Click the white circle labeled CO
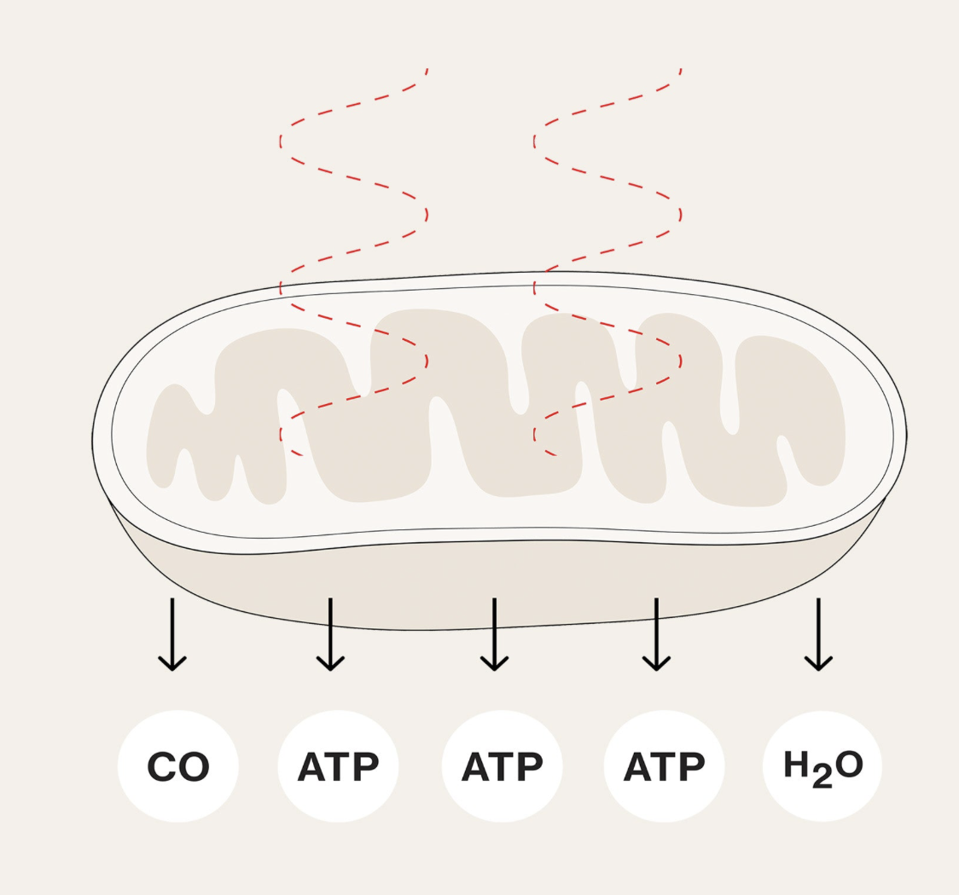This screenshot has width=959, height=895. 177,765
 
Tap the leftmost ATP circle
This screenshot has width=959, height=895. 338,765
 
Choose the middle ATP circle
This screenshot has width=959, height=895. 502,765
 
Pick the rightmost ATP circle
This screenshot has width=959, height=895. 664,765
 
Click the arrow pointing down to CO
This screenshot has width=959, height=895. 172,634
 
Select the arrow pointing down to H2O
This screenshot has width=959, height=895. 818,634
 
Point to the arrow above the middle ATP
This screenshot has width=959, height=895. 494,634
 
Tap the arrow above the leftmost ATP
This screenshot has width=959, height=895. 330,634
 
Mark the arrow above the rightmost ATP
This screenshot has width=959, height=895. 656,634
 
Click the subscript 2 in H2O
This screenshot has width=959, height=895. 822,777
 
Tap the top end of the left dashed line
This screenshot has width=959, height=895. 426,70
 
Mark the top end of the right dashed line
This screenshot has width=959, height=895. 680,70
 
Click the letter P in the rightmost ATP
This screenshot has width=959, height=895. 692,767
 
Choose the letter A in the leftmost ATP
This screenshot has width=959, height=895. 312,767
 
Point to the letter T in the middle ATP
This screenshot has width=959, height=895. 503,767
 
